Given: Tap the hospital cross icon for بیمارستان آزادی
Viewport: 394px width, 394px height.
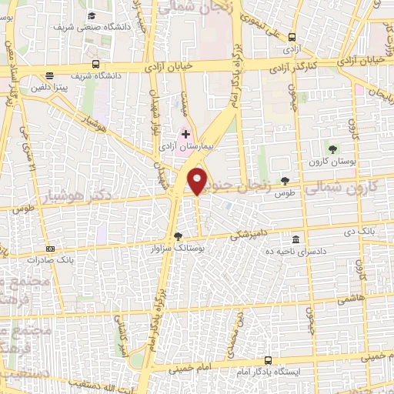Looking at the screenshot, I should tap(185, 133).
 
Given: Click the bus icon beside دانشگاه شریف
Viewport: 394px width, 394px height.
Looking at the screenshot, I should tap(95, 65).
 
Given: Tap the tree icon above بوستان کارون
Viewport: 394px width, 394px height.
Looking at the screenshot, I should tap(332, 149).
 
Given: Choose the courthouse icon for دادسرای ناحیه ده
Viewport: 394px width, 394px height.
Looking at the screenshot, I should tap(297, 239).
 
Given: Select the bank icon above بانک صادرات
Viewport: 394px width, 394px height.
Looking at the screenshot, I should tap(51, 249).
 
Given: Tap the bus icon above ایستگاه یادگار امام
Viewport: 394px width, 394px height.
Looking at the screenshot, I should tap(267, 360).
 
